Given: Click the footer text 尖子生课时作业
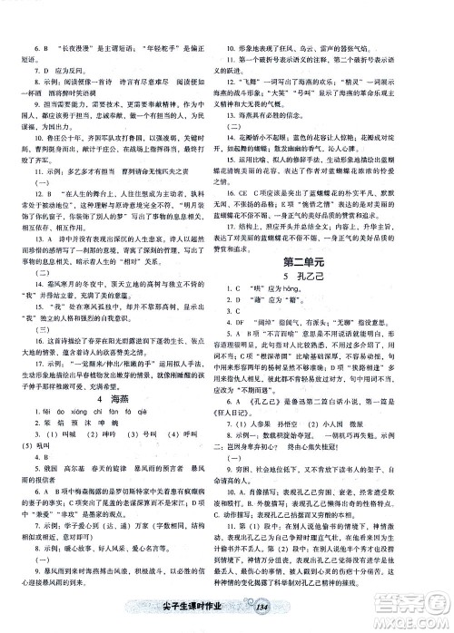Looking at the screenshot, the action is (202, 609).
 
